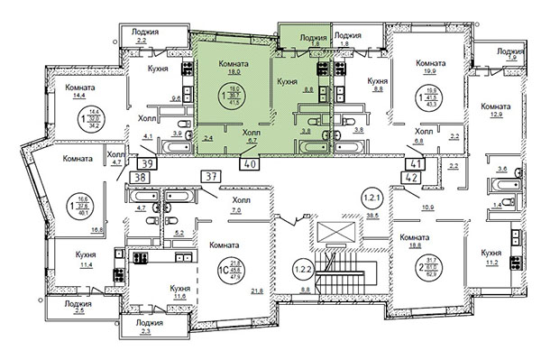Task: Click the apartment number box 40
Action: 250,164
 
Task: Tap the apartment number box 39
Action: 146,162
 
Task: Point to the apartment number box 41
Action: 417,164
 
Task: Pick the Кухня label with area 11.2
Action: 491,254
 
